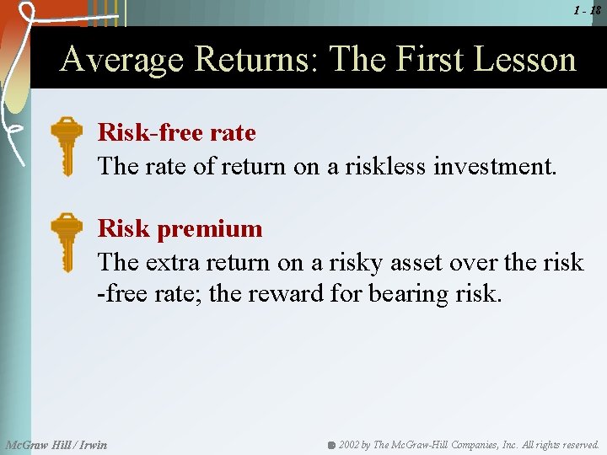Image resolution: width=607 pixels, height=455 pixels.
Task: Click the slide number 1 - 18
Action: click(x=588, y=10)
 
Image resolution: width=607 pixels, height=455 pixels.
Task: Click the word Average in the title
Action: click(x=123, y=60)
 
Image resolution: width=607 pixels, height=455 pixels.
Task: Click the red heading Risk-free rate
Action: click(x=176, y=132)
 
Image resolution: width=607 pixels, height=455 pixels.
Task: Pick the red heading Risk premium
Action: click(x=180, y=228)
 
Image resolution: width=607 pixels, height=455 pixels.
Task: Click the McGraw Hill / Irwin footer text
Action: click(x=56, y=444)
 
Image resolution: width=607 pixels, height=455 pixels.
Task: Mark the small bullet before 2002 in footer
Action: click(x=332, y=444)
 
